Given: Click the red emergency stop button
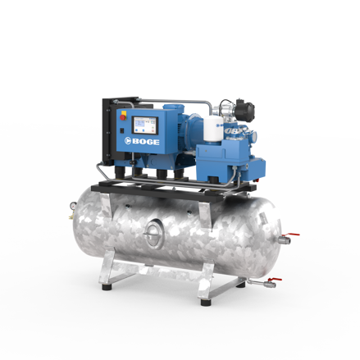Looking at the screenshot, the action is point(123,117).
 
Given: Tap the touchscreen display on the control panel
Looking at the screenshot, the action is point(145,125).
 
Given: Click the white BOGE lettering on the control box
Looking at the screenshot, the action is point(146,142).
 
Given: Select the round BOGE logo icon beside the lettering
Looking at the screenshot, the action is point(128,141).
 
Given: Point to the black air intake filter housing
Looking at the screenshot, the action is point(244,111).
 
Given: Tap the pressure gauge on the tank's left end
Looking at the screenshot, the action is point(73,206).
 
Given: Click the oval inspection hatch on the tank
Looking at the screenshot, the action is point(154,235).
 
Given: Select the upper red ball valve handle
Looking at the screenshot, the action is point(292,235).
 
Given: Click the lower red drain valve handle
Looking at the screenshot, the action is point(275,280).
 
